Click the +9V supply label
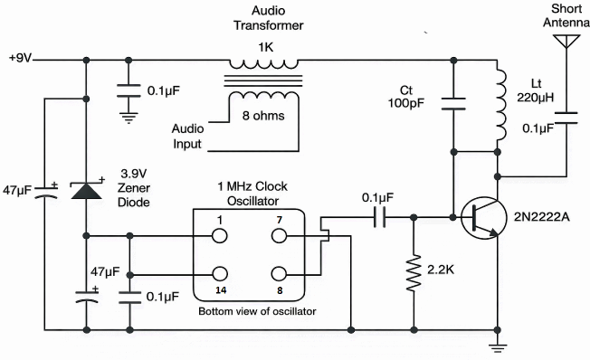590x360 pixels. pyautogui.click(x=20, y=60)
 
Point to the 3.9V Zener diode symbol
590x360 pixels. pyautogui.click(x=87, y=191)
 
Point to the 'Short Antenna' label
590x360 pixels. pyautogui.click(x=566, y=15)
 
